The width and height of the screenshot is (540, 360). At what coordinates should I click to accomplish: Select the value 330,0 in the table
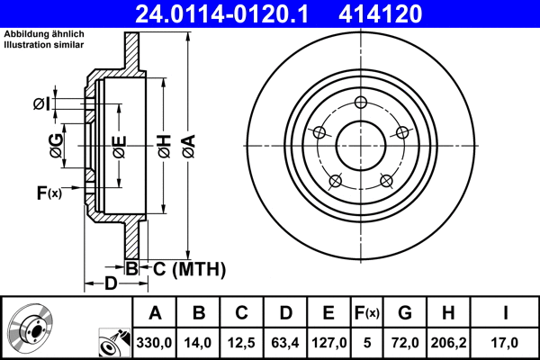pyautogui.click(x=155, y=342)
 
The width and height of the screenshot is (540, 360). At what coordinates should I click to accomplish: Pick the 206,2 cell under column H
pyautogui.click(x=448, y=342)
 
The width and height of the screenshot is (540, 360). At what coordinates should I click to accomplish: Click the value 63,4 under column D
pyautogui.click(x=285, y=342)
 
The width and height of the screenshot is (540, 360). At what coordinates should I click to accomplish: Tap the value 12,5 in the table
pyautogui.click(x=242, y=342)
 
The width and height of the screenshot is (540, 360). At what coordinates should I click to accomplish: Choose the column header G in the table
pyautogui.click(x=405, y=313)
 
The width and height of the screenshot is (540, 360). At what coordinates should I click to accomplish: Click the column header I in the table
pyautogui.click(x=506, y=313)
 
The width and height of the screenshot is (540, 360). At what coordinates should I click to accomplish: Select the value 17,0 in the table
pyautogui.click(x=506, y=342)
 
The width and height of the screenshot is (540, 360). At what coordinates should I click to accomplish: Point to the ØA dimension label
pyautogui.click(x=188, y=144)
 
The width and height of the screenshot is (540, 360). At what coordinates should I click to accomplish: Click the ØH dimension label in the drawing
pyautogui.click(x=165, y=144)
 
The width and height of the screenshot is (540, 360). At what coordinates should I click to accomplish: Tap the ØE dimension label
pyautogui.click(x=119, y=144)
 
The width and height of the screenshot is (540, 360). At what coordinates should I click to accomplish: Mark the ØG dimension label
pyautogui.click(x=56, y=145)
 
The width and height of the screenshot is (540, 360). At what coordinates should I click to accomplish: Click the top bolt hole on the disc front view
pyautogui.click(x=361, y=102)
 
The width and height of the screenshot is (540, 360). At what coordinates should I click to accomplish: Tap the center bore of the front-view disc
pyautogui.click(x=361, y=144)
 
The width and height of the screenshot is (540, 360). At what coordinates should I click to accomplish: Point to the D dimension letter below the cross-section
pyautogui.click(x=110, y=284)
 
